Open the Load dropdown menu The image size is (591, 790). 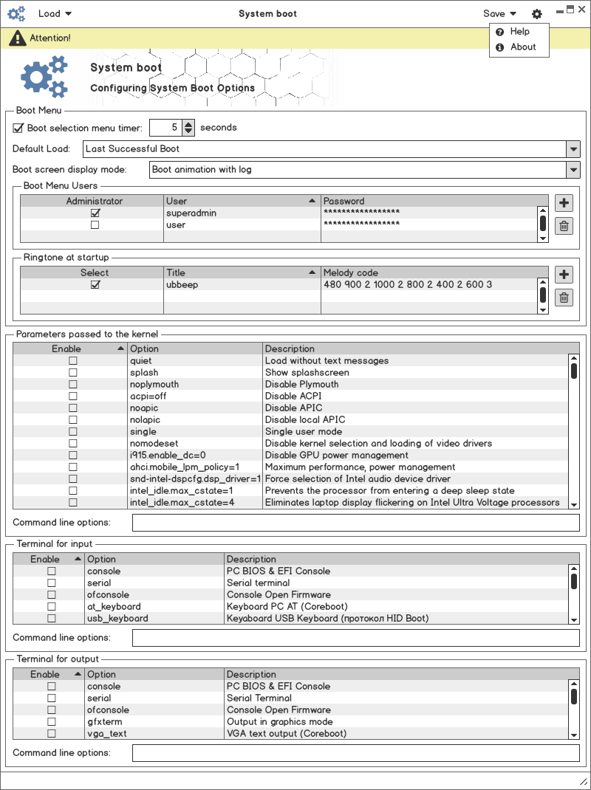(55, 13)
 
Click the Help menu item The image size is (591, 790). (519, 32)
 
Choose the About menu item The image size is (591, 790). (522, 47)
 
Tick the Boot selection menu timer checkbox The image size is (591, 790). (18, 128)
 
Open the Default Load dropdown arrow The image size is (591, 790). (573, 149)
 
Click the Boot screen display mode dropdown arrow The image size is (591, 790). (573, 170)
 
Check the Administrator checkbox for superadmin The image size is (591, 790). (95, 213)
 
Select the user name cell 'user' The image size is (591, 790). (176, 224)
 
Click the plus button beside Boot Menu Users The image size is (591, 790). (564, 203)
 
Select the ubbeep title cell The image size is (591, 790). (182, 284)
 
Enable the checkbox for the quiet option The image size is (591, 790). (73, 361)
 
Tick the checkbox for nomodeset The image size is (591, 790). (73, 444)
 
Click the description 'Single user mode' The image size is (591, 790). (304, 431)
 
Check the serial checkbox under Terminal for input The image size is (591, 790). (52, 583)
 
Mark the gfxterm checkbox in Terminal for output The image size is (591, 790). (52, 722)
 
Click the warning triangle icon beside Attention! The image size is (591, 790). (18, 38)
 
